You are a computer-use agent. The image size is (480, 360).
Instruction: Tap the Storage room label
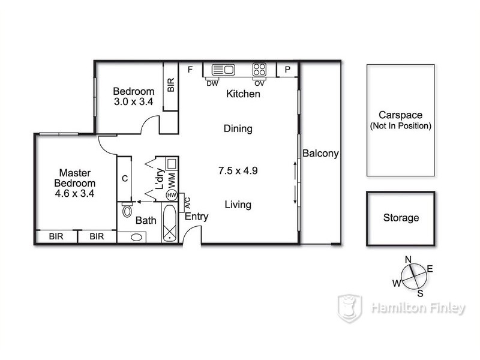[401, 218]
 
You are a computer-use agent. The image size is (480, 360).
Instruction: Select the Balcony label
[320, 154]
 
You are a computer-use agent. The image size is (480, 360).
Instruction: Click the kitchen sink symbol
[221, 70]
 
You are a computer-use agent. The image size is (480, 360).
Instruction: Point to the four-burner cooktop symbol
[260, 70]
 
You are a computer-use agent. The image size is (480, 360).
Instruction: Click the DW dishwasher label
[212, 83]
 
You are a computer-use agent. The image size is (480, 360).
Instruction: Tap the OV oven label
[259, 83]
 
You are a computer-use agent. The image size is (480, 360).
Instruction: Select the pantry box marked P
[287, 70]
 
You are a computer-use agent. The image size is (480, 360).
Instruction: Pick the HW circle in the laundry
[171, 196]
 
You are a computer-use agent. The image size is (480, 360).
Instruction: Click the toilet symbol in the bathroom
[127, 211]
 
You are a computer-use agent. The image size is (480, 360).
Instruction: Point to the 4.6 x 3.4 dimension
[75, 194]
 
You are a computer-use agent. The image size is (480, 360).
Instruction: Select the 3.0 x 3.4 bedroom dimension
[134, 102]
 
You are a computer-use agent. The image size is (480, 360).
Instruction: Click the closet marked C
[124, 178]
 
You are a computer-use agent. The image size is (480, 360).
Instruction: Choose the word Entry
[196, 217]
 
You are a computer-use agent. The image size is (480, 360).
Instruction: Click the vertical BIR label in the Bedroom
[170, 85]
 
